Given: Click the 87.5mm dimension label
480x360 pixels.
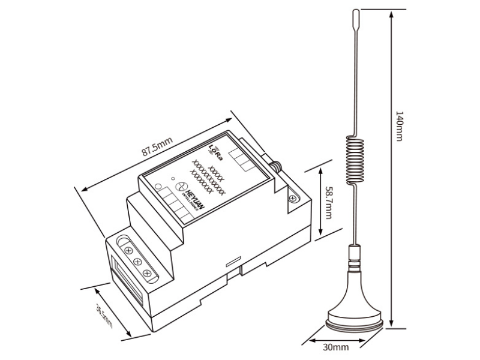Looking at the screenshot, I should pos(157,147).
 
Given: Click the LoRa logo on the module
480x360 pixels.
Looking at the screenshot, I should pos(215,151).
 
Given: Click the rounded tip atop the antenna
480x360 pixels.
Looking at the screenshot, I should pos(355,17).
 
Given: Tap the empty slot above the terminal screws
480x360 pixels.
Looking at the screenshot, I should pos(127,242).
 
